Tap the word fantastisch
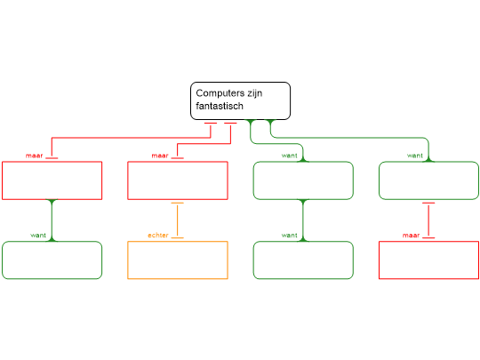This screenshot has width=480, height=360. pos(220,106)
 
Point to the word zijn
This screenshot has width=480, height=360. pos(255,93)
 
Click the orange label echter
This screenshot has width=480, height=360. pos(158,235)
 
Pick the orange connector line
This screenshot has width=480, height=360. pos(178,220)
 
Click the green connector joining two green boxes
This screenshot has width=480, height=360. pos(303,220)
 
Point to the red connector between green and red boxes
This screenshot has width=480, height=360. pos(428,220)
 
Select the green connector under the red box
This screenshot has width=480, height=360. pos(52,220)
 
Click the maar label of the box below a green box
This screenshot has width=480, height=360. pos(411,235)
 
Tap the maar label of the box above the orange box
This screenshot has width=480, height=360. pos(160,156)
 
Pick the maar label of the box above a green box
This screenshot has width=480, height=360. pos(35,156)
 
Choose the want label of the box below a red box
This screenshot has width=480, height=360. pos(38,235)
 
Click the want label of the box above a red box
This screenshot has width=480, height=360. pos(415,156)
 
